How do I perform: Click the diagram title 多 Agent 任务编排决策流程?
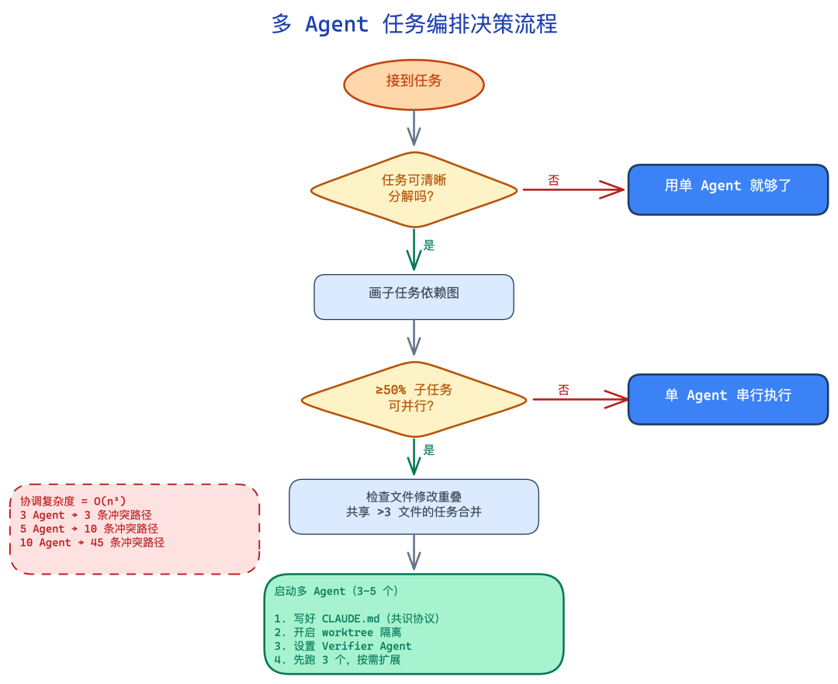coord(414,24)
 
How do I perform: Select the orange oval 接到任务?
coord(414,81)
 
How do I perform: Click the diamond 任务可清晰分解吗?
coord(414,189)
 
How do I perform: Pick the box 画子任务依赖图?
coord(414,294)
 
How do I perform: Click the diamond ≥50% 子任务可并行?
coord(414,398)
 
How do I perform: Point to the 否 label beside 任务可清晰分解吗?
coord(553,180)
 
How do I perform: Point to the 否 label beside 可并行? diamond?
coord(563,390)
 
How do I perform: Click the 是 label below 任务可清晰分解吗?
coord(429,246)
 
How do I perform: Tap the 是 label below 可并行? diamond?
coord(429,450)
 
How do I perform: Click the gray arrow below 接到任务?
coord(414,127)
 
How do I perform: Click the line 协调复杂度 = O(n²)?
coord(73,502)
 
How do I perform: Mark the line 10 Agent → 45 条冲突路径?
coord(92,543)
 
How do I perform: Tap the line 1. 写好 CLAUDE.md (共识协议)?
coord(357,619)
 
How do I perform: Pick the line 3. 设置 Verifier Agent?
coord(343,646)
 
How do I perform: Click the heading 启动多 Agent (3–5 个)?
coord(337,591)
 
